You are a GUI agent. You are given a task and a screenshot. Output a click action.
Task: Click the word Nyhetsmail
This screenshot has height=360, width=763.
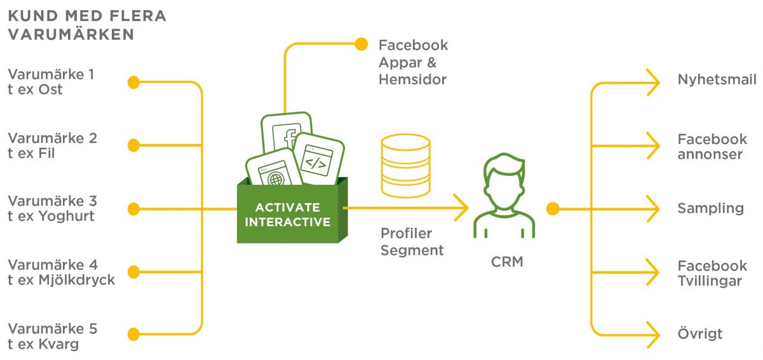(717, 80)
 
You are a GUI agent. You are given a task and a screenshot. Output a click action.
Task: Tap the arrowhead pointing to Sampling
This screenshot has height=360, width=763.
(653, 209)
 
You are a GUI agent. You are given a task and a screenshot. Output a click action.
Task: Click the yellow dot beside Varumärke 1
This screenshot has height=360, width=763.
(133, 82)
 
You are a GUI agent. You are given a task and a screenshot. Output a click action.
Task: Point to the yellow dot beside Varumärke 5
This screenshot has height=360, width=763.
(133, 334)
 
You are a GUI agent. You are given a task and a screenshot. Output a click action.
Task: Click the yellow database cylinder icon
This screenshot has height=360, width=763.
(405, 166)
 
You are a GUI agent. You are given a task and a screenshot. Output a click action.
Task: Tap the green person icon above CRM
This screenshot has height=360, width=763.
(504, 196)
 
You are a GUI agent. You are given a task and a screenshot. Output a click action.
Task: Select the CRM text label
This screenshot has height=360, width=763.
(507, 262)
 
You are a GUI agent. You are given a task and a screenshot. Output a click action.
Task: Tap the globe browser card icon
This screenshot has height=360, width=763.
(274, 168)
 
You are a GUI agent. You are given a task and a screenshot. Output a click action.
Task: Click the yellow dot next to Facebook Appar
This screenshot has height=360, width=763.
(361, 44)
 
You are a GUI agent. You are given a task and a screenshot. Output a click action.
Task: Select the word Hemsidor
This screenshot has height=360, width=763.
(412, 79)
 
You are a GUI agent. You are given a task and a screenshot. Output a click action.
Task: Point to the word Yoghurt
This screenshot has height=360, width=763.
(66, 217)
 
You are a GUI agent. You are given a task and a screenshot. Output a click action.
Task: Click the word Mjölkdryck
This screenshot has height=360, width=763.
(77, 281)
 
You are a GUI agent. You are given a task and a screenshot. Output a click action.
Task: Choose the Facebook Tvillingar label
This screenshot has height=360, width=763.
(712, 273)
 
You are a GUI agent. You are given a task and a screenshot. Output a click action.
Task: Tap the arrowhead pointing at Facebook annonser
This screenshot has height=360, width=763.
(653, 145)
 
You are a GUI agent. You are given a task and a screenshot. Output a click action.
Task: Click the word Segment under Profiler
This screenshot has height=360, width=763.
(412, 251)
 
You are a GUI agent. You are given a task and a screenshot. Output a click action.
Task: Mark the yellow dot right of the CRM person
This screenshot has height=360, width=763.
(553, 209)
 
